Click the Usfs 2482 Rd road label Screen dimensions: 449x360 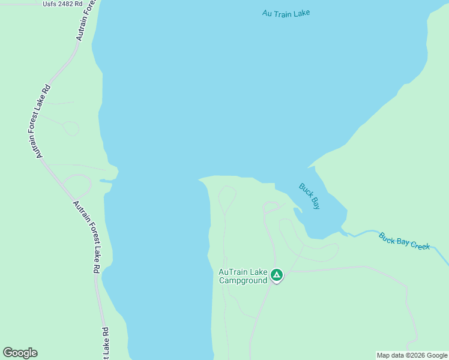(62, 4)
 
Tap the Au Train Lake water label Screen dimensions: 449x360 (286, 13)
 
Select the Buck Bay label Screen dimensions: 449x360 (310, 196)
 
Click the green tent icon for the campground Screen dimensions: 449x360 (277, 275)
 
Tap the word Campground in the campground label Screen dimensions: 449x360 (243, 280)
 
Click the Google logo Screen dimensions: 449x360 (20, 353)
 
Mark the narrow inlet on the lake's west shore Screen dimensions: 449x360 (107, 180)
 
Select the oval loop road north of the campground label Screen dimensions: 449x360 (227, 199)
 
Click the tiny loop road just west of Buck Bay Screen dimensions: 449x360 (271, 207)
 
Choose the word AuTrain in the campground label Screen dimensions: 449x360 (232, 272)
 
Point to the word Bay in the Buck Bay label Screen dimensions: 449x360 (315, 203)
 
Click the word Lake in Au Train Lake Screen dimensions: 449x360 (301, 13)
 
